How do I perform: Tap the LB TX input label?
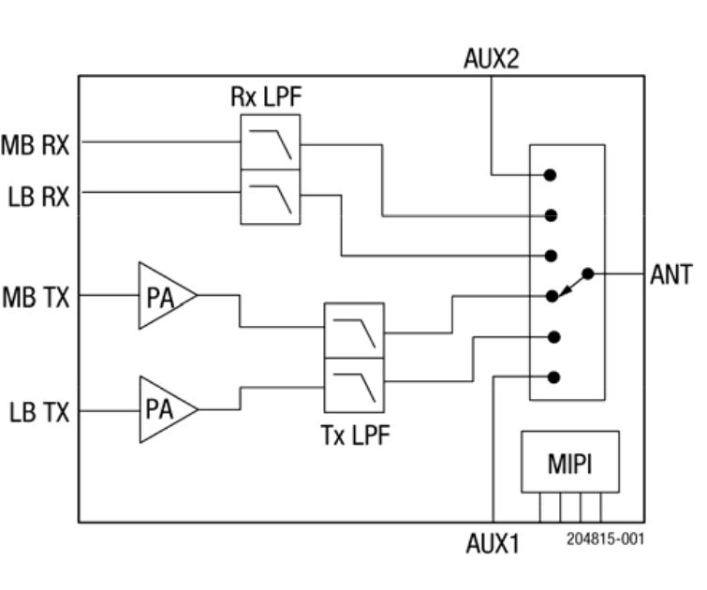click(39, 411)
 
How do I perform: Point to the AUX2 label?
click(491, 59)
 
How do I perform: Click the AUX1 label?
click(493, 543)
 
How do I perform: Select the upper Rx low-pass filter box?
click(271, 142)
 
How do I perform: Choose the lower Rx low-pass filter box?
click(271, 197)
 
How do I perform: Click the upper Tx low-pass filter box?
click(354, 331)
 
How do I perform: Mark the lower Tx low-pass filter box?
click(354, 384)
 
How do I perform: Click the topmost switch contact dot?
click(552, 174)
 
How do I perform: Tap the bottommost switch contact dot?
click(553, 376)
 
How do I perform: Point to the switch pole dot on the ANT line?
click(588, 274)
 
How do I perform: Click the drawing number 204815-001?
click(605, 539)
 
